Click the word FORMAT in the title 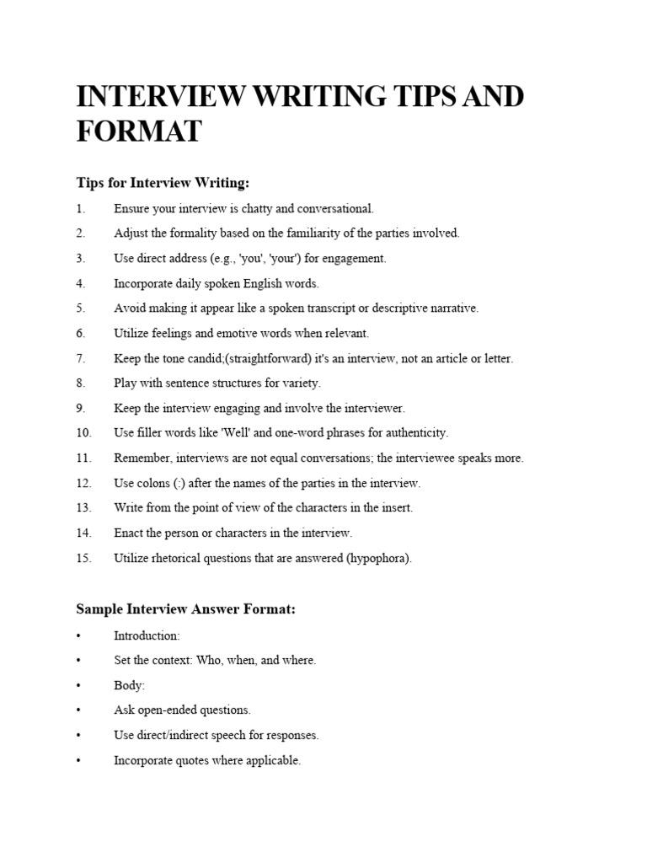click(139, 132)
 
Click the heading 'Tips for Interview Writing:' click(163, 183)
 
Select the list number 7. click(81, 358)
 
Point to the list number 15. click(83, 558)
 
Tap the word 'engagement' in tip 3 click(356, 258)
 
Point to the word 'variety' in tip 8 click(300, 383)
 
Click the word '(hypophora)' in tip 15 click(378, 558)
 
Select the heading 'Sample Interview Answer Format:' click(186, 609)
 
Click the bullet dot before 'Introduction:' click(79, 635)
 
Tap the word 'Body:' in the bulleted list click(130, 685)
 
